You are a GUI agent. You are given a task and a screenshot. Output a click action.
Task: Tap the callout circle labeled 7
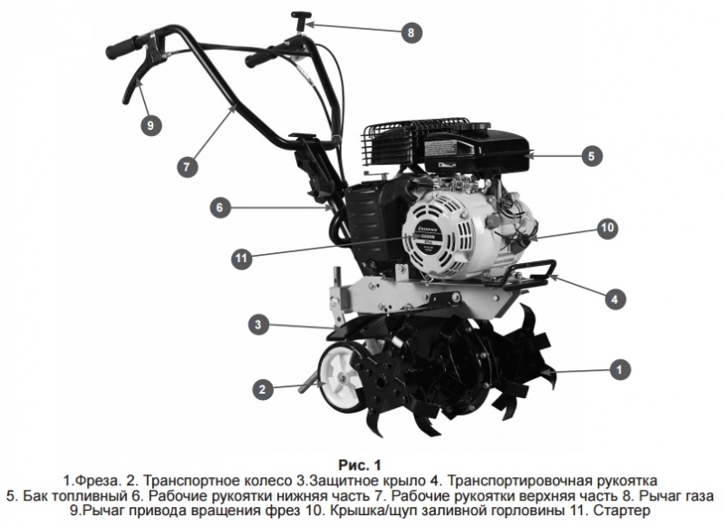tap(186, 167)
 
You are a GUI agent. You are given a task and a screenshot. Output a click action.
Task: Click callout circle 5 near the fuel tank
tap(590, 156)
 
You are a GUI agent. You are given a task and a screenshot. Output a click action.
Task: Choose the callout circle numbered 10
tap(606, 227)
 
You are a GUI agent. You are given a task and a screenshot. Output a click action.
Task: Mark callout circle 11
tap(240, 258)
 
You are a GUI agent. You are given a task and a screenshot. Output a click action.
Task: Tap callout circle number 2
tap(262, 390)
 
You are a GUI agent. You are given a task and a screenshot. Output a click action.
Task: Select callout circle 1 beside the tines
tap(619, 369)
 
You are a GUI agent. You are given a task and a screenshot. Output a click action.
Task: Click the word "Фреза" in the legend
tap(95, 478)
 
